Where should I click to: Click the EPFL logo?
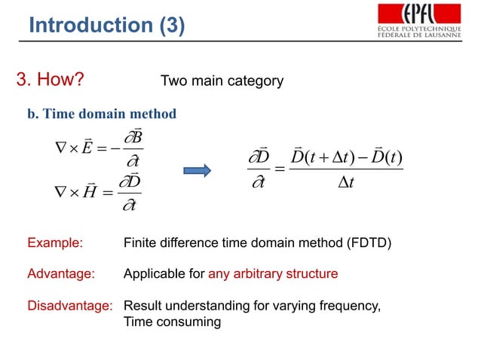pyautogui.click(x=418, y=14)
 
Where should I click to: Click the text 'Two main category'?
pyautogui.click(x=222, y=81)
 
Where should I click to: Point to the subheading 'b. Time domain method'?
pyautogui.click(x=102, y=114)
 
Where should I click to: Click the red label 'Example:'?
pyautogui.click(x=55, y=244)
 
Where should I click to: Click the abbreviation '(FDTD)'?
pyautogui.click(x=368, y=244)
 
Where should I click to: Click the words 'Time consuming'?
pyautogui.click(x=172, y=322)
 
